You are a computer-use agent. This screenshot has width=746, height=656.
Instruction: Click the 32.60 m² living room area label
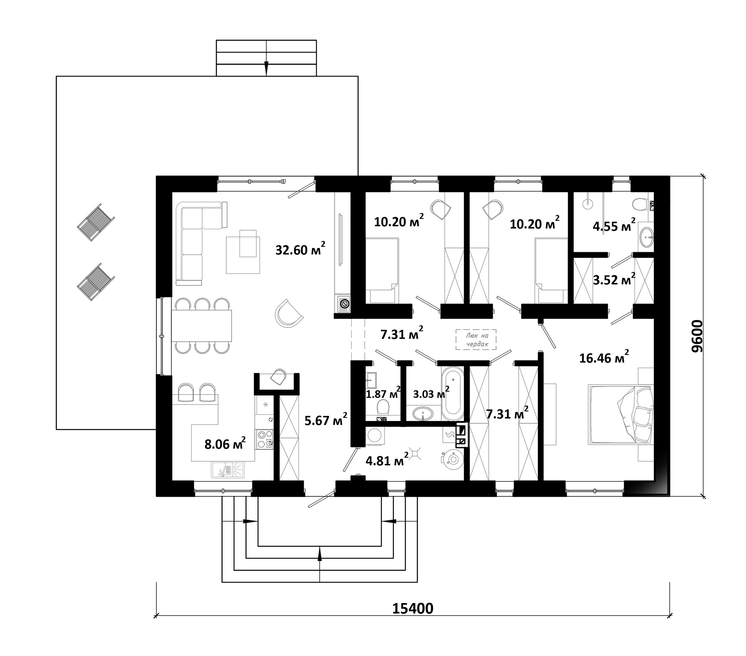[300, 249]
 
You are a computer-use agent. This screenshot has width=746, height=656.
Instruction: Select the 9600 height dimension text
[696, 336]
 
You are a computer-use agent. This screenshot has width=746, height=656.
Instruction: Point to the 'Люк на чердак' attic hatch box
[476, 339]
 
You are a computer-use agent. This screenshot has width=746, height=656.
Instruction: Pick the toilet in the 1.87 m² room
[383, 408]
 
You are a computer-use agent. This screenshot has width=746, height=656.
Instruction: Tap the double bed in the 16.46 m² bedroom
[621, 415]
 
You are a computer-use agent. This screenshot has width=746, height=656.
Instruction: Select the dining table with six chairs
[201, 325]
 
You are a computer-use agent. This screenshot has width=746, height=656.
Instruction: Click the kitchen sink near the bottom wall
[228, 470]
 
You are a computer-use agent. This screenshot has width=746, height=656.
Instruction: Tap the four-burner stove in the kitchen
[264, 439]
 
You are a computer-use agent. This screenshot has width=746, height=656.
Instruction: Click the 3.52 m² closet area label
[614, 279]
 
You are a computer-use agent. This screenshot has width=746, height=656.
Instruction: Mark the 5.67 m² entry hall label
[326, 420]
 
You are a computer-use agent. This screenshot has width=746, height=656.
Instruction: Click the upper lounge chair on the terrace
[96, 222]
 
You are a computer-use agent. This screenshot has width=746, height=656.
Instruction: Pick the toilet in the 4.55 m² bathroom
[640, 204]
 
